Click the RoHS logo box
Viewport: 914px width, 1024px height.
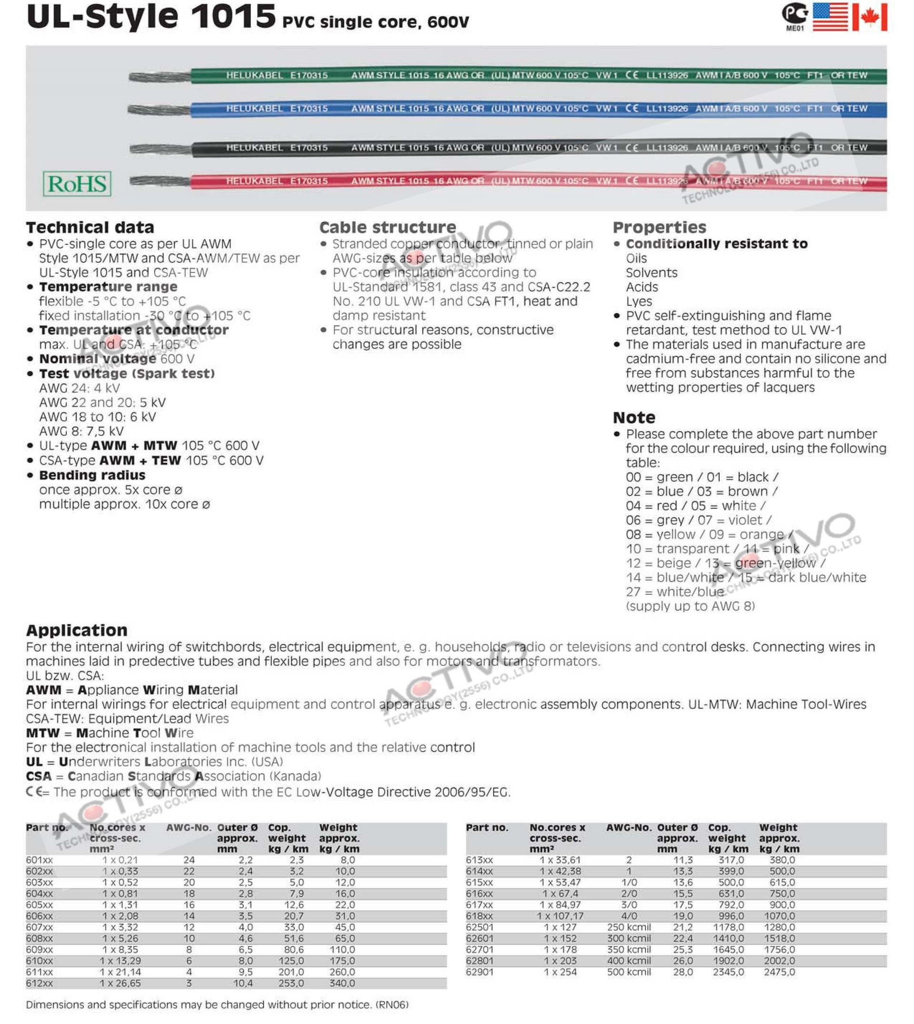pyautogui.click(x=77, y=184)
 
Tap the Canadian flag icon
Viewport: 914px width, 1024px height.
pyautogui.click(x=870, y=17)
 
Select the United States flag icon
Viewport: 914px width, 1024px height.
pyautogui.click(x=830, y=17)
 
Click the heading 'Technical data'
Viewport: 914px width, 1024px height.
pyautogui.click(x=90, y=228)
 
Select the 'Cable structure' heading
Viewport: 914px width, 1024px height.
pyautogui.click(x=387, y=228)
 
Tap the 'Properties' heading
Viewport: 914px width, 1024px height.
pyautogui.click(x=659, y=228)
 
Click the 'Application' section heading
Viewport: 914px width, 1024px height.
pyautogui.click(x=76, y=630)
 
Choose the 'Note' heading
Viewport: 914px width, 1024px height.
pyautogui.click(x=634, y=418)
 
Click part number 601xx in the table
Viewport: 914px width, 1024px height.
pyautogui.click(x=39, y=860)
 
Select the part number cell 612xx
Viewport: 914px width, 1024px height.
pyautogui.click(x=39, y=984)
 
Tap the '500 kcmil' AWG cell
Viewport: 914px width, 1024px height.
pyautogui.click(x=629, y=972)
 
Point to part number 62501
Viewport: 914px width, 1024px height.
pyautogui.click(x=479, y=927)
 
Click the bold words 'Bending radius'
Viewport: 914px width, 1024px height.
pyautogui.click(x=92, y=475)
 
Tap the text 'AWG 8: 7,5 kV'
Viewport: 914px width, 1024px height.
pyautogui.click(x=81, y=431)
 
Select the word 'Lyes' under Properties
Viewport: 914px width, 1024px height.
pyautogui.click(x=639, y=301)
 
